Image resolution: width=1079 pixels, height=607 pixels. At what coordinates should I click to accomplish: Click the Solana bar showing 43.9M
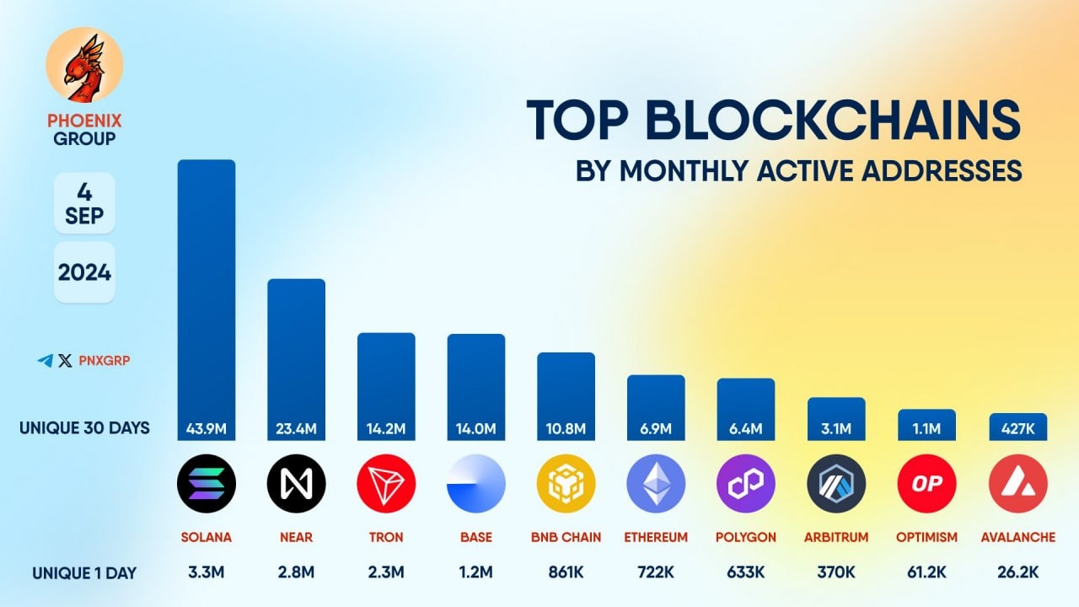[x=206, y=295]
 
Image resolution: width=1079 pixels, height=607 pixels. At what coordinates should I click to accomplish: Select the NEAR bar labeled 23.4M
[x=296, y=354]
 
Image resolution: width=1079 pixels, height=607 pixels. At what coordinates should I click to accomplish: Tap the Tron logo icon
[x=386, y=484]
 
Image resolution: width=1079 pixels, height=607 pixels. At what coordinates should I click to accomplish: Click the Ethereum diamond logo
[x=656, y=484]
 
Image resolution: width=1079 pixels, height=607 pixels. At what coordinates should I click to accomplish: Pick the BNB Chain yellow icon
[x=566, y=484]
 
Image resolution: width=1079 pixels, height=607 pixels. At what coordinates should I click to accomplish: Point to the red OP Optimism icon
[x=926, y=484]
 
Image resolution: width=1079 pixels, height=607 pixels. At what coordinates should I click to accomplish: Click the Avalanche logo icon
[x=1017, y=484]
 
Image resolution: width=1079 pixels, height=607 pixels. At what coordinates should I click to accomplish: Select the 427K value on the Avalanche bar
[x=1017, y=429]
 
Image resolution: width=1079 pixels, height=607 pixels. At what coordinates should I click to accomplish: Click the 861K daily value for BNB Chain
[x=566, y=573]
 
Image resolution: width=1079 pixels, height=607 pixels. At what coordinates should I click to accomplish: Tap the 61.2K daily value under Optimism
[x=926, y=573]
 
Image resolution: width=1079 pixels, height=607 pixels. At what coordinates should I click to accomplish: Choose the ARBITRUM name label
[x=836, y=537]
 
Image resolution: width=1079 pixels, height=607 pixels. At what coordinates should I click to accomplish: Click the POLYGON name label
[x=746, y=537]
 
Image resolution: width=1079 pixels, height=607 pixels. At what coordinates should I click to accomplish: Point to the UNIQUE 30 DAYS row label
[x=84, y=428]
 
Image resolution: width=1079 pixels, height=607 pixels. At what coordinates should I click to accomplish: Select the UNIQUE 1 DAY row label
[x=84, y=573]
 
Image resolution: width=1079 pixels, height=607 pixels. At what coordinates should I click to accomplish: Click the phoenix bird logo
[x=84, y=66]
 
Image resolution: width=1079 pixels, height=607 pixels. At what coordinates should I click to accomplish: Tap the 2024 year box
[x=84, y=272]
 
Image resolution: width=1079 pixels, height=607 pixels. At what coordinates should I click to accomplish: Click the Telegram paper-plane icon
[x=46, y=361]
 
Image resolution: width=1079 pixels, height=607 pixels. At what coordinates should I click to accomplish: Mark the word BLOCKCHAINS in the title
[x=835, y=121]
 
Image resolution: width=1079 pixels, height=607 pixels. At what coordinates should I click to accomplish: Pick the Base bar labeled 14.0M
[x=476, y=384]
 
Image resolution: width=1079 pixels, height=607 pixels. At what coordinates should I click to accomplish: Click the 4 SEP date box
[x=84, y=203]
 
